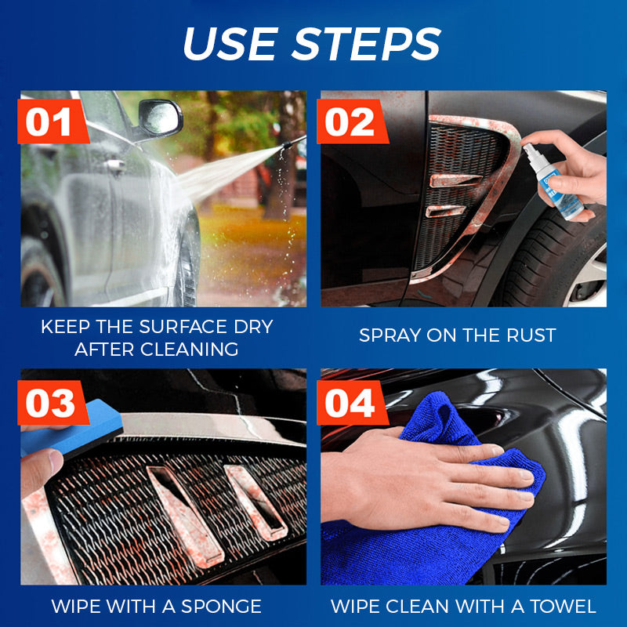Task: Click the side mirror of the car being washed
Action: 160,118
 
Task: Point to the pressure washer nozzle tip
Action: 299,138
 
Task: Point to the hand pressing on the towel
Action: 439,478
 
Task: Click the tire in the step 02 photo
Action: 564,259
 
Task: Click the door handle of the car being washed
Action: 115,165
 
